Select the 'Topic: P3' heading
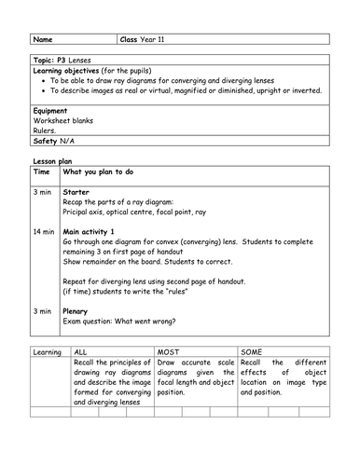tap(51, 59)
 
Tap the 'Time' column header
tap(42, 172)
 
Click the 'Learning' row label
tap(47, 352)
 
